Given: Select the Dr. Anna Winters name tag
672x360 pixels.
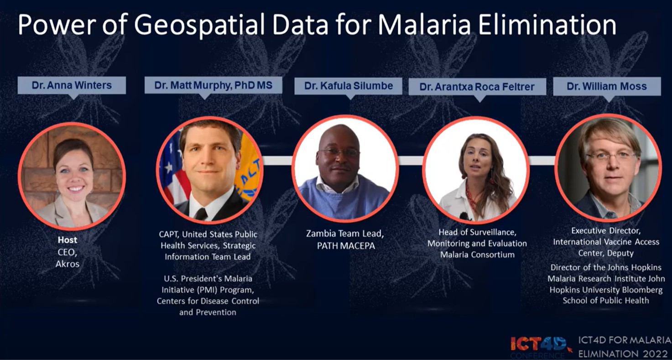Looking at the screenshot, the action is [x=72, y=85].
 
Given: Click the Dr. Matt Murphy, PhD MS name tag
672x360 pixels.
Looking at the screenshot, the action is [x=214, y=85].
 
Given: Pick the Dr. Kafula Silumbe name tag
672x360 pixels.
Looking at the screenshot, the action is [x=348, y=86].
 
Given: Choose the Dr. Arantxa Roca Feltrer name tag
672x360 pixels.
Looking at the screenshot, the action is [x=477, y=87].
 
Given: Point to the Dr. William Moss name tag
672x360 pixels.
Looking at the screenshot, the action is [x=607, y=86].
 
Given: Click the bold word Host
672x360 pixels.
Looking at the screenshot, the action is [x=68, y=240].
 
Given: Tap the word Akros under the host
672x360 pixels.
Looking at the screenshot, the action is [x=68, y=264].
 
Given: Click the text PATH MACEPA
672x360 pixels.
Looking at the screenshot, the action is [x=346, y=246].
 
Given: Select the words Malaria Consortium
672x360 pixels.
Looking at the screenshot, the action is [x=477, y=255].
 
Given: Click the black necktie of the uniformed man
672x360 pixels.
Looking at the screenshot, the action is [x=201, y=214].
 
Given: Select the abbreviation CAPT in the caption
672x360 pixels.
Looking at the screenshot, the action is [x=169, y=235].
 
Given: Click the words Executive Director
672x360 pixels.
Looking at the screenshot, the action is [x=606, y=231].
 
